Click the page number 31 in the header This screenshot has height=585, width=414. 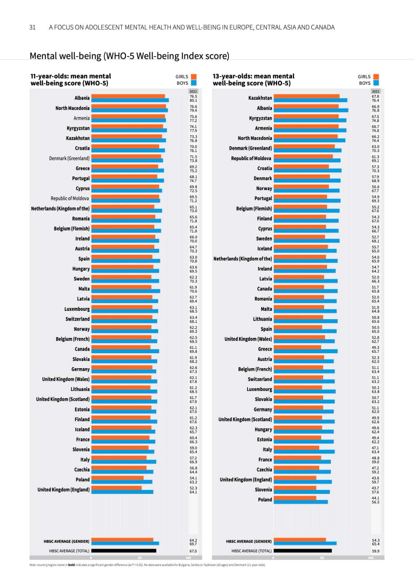pos(32,27)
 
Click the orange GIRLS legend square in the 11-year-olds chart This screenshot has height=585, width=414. pos(194,77)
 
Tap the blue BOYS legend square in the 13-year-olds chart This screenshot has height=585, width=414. pos(376,83)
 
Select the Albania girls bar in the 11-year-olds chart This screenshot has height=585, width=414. pos(128,96)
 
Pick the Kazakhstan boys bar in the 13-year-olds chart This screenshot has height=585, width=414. pos(310,100)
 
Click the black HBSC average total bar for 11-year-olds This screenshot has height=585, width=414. pos(124,551)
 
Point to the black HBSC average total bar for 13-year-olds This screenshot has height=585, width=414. pos(303,551)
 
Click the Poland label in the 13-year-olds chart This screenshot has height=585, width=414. pos(265,500)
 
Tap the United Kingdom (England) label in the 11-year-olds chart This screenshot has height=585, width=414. pos(63,490)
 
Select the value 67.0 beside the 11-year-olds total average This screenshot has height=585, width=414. pos(193,551)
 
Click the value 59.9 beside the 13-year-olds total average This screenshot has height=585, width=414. pos(376,551)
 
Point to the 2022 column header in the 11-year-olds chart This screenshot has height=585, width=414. pos(193,91)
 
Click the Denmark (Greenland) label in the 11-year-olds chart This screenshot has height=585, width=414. pos(69,158)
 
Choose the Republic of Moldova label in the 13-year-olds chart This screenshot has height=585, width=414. pos(251,158)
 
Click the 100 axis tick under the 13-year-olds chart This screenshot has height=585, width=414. pos(371,558)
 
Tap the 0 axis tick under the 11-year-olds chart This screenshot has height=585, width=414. pos(91,558)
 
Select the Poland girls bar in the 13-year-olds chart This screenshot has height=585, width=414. pos(295,498)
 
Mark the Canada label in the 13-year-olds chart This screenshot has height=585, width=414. pos(265,289)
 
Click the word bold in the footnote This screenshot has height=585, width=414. pos(71,565)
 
